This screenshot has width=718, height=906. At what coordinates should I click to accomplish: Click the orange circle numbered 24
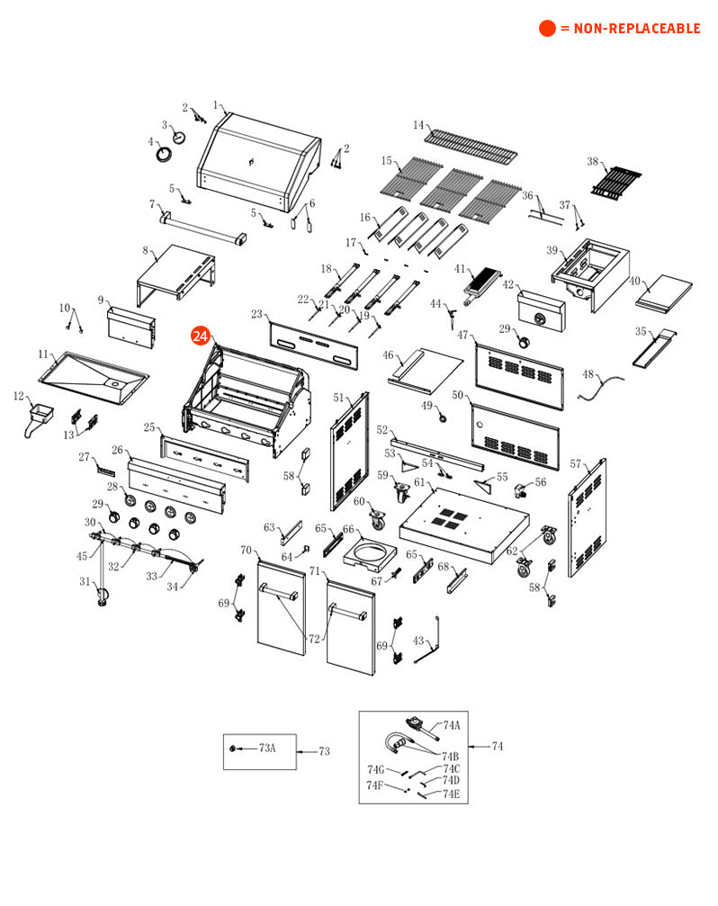pyautogui.click(x=200, y=336)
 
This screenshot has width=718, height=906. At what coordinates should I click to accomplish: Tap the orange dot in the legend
pyautogui.click(x=547, y=29)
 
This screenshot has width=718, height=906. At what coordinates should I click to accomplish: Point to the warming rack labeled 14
pyautogui.click(x=471, y=143)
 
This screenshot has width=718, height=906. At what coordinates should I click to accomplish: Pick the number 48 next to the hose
pyautogui.click(x=588, y=374)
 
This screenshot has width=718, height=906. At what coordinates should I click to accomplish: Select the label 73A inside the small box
pyautogui.click(x=267, y=748)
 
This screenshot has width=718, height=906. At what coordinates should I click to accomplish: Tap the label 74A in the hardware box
pyautogui.click(x=451, y=725)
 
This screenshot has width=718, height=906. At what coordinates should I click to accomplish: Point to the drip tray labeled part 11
pyautogui.click(x=94, y=373)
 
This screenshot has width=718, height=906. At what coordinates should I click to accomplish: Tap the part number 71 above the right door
pyautogui.click(x=315, y=571)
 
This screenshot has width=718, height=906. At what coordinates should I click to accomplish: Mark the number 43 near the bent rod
pyautogui.click(x=418, y=641)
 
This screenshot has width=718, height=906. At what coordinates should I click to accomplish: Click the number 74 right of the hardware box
pyautogui.click(x=498, y=746)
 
